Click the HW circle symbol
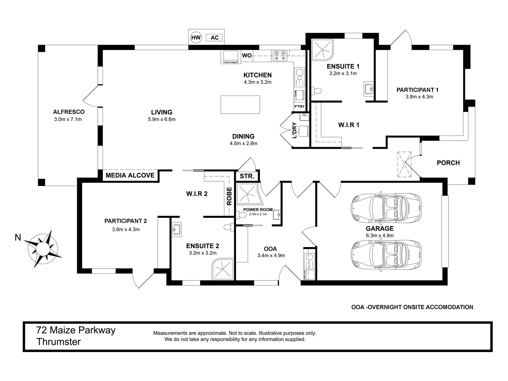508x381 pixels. [196, 38]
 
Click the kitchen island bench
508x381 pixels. [240, 104]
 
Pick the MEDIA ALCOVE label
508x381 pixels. [130, 175]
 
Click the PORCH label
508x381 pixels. [448, 163]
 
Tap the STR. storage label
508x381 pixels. [247, 176]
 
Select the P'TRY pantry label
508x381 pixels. [299, 106]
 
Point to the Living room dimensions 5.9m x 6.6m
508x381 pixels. [162, 119]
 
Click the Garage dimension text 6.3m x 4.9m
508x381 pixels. [380, 235]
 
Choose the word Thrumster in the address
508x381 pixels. [59, 342]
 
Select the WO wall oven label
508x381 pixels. [247, 55]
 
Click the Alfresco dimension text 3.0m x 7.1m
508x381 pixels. [68, 119]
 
